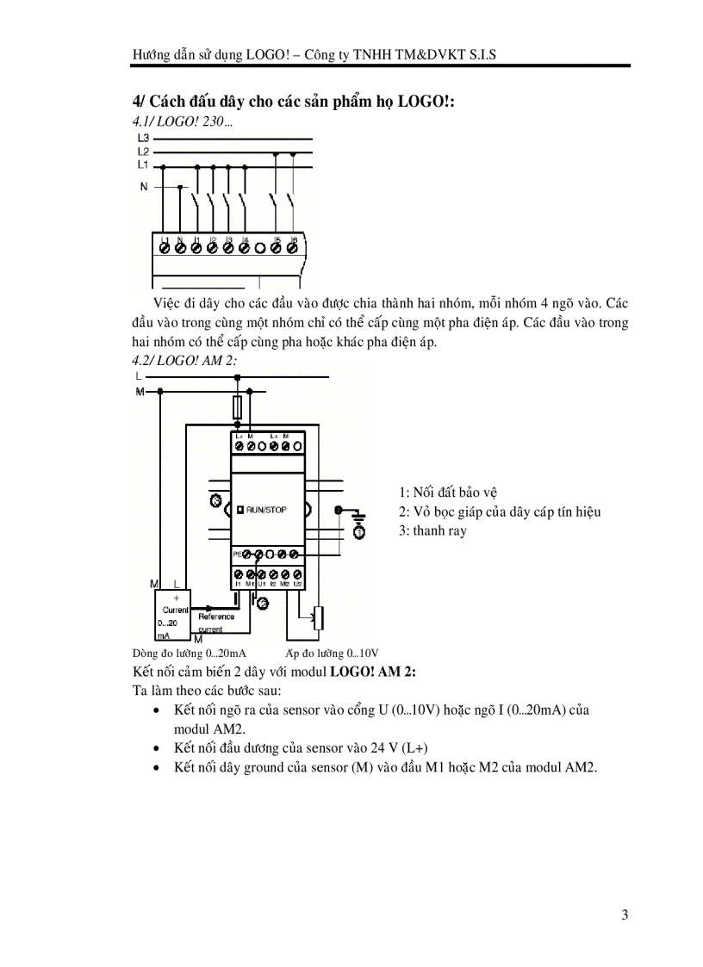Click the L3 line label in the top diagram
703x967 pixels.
point(143,138)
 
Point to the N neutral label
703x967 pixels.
point(145,186)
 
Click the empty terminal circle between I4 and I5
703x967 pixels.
point(260,248)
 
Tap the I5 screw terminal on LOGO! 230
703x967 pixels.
point(277,248)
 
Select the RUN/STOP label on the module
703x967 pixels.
point(266,510)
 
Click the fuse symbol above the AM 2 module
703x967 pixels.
point(238,406)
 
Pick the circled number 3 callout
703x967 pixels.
point(216,500)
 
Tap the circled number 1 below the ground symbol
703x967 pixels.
point(358,534)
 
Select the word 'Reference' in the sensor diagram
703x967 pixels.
point(215,617)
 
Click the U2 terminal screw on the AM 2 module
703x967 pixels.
point(297,573)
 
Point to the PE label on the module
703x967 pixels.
point(237,555)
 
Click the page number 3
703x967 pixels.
point(625,914)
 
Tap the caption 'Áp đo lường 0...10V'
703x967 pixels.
point(332,654)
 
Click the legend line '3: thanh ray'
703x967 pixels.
point(432,530)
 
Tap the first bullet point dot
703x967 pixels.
point(155,711)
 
